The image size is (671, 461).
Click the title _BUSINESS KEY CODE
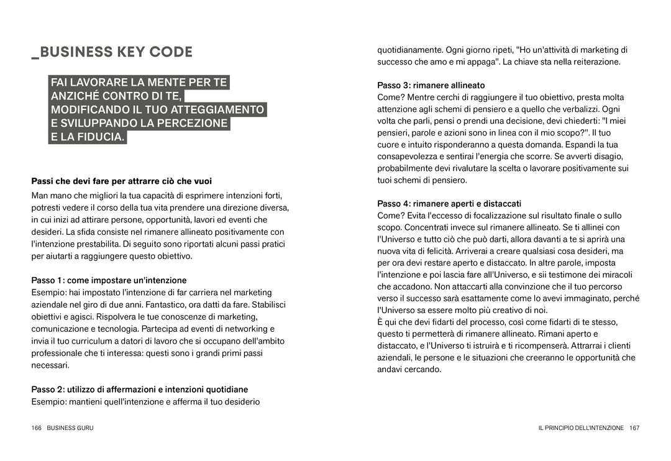[112, 52]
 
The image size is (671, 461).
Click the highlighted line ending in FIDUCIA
[88, 137]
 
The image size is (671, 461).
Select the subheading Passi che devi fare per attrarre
[122, 181]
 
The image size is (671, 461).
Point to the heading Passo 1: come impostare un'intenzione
[109, 281]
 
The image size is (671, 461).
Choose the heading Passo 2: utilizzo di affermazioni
[140, 390]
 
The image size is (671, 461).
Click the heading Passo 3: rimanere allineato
[431, 85]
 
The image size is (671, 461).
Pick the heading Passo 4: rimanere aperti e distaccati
[449, 204]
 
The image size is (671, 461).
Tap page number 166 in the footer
[37, 428]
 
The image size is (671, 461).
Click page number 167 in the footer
[634, 428]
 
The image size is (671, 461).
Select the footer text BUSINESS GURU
[70, 428]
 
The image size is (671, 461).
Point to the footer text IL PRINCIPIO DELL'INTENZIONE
[581, 428]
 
